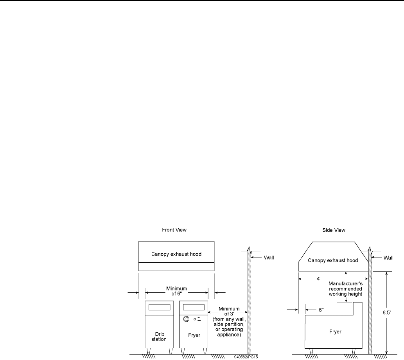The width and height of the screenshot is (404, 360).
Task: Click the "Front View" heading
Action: point(174,230)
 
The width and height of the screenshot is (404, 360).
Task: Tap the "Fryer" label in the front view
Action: point(194,335)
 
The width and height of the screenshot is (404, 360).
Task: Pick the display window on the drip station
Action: point(159,307)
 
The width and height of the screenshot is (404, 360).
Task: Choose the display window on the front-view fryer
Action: point(194,307)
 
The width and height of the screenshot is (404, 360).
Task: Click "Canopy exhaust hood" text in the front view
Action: point(176,254)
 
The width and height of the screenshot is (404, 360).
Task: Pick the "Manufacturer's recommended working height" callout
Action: point(345,288)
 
